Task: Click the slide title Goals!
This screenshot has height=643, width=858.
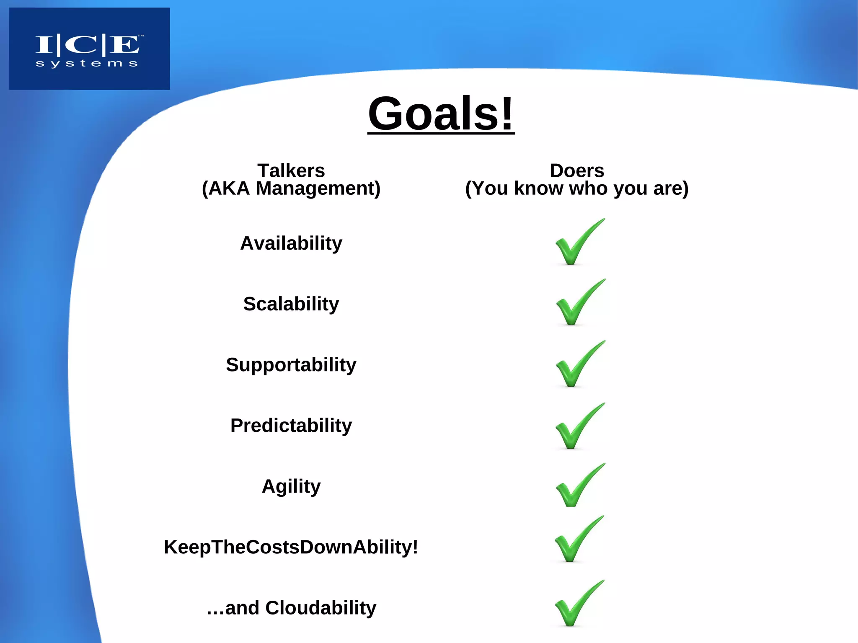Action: pyautogui.click(x=441, y=114)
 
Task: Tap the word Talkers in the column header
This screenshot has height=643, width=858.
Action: pyautogui.click(x=291, y=170)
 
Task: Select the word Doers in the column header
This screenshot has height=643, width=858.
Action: pyautogui.click(x=576, y=170)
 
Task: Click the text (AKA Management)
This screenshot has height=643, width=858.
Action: pyautogui.click(x=291, y=189)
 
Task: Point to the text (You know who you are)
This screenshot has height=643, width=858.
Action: pyautogui.click(x=576, y=189)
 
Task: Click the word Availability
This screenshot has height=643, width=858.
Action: pyautogui.click(x=291, y=243)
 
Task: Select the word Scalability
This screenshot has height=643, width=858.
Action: pyautogui.click(x=291, y=304)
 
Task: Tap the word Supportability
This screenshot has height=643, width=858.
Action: pyautogui.click(x=291, y=365)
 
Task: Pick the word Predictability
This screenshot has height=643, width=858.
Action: pyautogui.click(x=291, y=426)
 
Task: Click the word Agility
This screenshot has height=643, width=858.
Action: pyautogui.click(x=291, y=486)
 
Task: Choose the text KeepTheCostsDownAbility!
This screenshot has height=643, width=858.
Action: pyautogui.click(x=291, y=547)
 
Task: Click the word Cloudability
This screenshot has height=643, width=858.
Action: pyautogui.click(x=320, y=608)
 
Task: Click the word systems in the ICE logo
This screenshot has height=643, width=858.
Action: pyautogui.click(x=87, y=64)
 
